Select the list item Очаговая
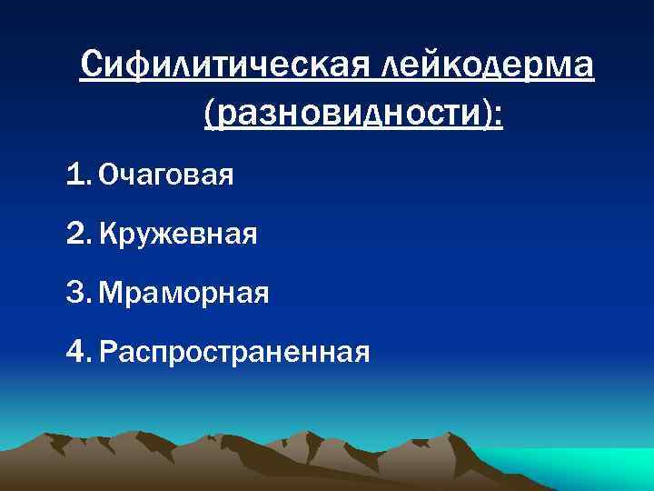166,174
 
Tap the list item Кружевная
178,235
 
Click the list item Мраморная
183,294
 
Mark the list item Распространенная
234,352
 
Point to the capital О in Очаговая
108,174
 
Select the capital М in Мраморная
110,293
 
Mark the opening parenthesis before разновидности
211,115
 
